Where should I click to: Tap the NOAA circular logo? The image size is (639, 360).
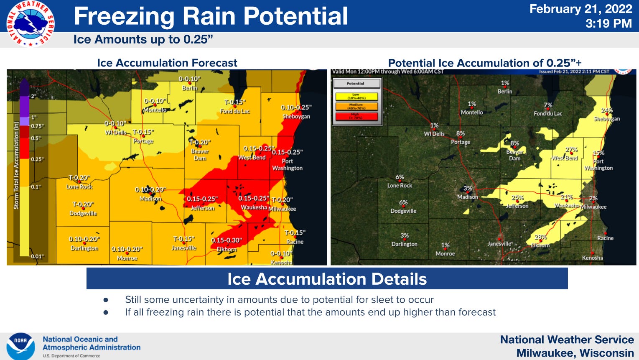20,346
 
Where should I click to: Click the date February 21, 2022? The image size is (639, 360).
580,9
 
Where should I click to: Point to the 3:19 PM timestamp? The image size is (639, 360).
608,23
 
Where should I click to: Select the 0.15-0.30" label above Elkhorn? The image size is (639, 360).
226,240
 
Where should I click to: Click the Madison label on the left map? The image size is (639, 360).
150,199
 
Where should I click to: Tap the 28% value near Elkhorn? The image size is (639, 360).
540,237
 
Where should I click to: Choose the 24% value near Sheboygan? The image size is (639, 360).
607,110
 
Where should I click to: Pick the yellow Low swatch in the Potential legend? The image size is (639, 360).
356,97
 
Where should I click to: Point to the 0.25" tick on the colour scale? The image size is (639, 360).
37,159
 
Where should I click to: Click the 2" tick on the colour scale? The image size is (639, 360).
33,96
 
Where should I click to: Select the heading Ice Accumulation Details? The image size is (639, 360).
327,279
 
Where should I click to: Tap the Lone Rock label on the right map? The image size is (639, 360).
400,186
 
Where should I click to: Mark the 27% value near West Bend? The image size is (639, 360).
571,150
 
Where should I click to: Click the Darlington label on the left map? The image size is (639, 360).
84,248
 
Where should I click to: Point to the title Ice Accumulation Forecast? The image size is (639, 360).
167,63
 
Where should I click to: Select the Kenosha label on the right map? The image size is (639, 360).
592,258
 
